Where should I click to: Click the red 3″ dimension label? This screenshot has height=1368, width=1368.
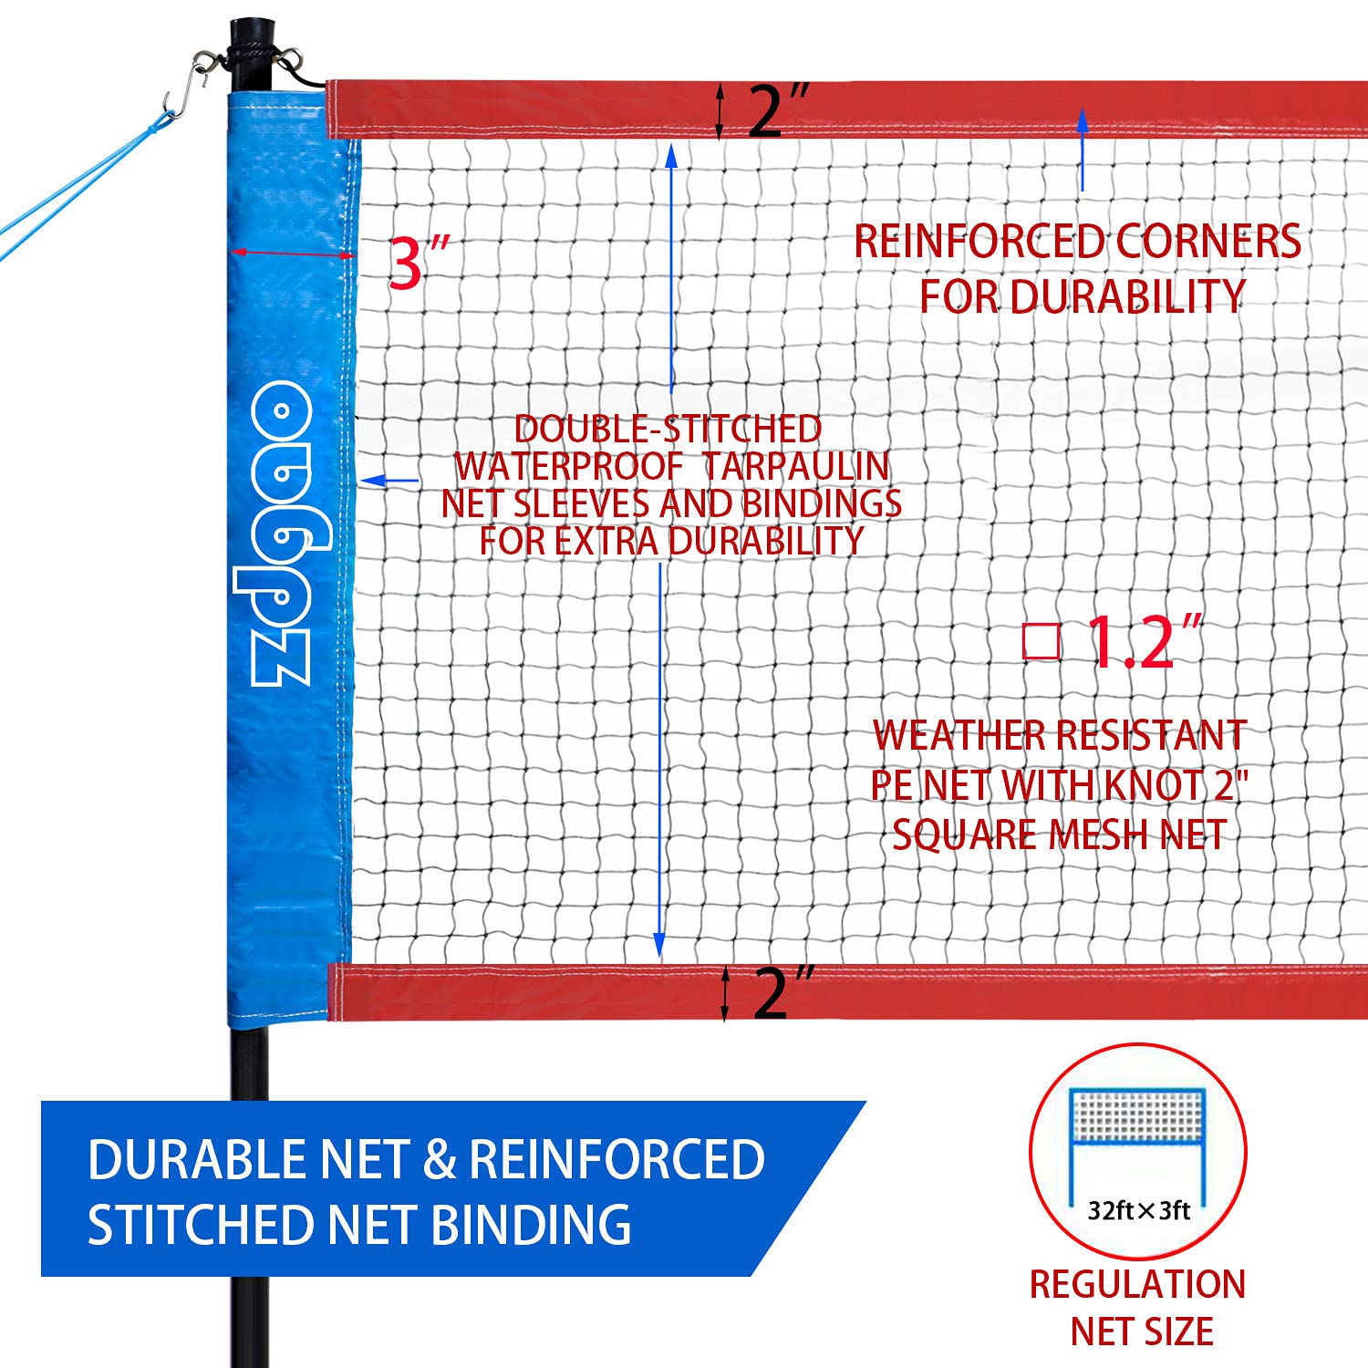coord(418,263)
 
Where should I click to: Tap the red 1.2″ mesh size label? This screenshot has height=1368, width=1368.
coord(1144,643)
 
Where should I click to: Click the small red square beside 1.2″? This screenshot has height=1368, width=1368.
coord(1041,641)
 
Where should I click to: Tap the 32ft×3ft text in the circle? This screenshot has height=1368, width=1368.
coord(1139,1210)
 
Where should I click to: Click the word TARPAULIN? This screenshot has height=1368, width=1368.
coord(796,466)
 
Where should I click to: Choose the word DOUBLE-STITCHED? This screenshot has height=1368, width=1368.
coord(668,429)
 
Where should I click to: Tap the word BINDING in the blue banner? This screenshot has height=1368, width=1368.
coord(530,1225)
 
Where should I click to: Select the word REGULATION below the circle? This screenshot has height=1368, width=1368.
coord(1137,1284)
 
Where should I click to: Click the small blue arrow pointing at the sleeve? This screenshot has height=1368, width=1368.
coord(389,480)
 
